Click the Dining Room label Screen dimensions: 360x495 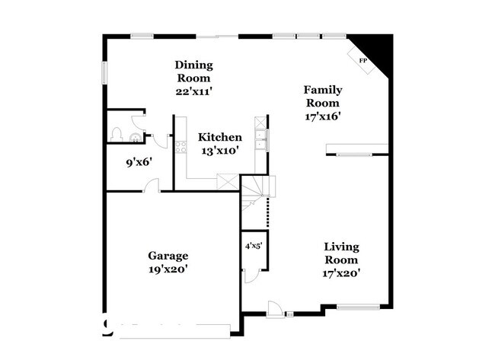coord(193,71)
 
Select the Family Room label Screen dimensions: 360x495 coord(322,96)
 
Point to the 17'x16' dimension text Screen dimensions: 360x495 coord(322,116)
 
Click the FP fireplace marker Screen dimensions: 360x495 coord(363,60)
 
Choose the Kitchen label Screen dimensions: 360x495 coord(220,137)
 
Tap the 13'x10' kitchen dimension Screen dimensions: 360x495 coord(220,151)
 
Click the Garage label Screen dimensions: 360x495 coord(168,256)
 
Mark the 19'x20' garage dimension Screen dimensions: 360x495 coord(168,269)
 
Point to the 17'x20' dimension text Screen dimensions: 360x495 coord(342,273)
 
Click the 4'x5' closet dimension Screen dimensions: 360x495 coord(253,246)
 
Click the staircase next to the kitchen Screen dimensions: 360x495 coord(257,196)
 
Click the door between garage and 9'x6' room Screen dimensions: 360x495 coord(152,186)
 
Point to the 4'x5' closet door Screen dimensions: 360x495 coord(254,273)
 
